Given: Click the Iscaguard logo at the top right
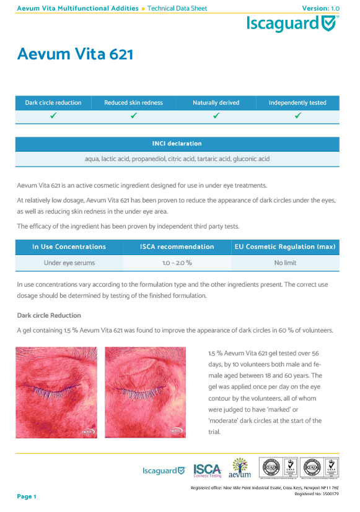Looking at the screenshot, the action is [x=292, y=24].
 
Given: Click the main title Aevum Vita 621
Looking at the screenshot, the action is [x=75, y=54].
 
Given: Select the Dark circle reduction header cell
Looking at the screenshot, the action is [x=53, y=103].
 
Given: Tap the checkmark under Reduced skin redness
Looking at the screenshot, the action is [x=134, y=116].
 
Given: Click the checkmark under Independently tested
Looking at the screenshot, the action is [x=297, y=116].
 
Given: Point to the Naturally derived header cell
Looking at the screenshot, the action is [x=216, y=103].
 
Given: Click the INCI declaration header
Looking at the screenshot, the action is [x=177, y=144].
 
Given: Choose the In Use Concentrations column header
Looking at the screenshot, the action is [x=69, y=247].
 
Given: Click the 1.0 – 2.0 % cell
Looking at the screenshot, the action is [x=177, y=263].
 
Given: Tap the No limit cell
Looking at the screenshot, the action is [x=285, y=263].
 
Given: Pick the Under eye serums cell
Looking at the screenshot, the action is [x=69, y=263].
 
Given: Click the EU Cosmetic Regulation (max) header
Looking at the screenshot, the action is [x=285, y=247].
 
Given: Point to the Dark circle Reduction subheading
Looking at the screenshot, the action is [x=49, y=316].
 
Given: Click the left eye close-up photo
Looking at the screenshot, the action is [x=57, y=393].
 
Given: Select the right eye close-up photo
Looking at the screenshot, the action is [x=146, y=393].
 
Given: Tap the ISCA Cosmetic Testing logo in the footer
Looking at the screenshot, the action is [x=208, y=471].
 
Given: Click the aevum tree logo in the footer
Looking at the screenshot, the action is [x=240, y=468].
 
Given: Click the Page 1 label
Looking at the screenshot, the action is [x=27, y=497].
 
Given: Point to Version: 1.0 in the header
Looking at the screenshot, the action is [x=321, y=8].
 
